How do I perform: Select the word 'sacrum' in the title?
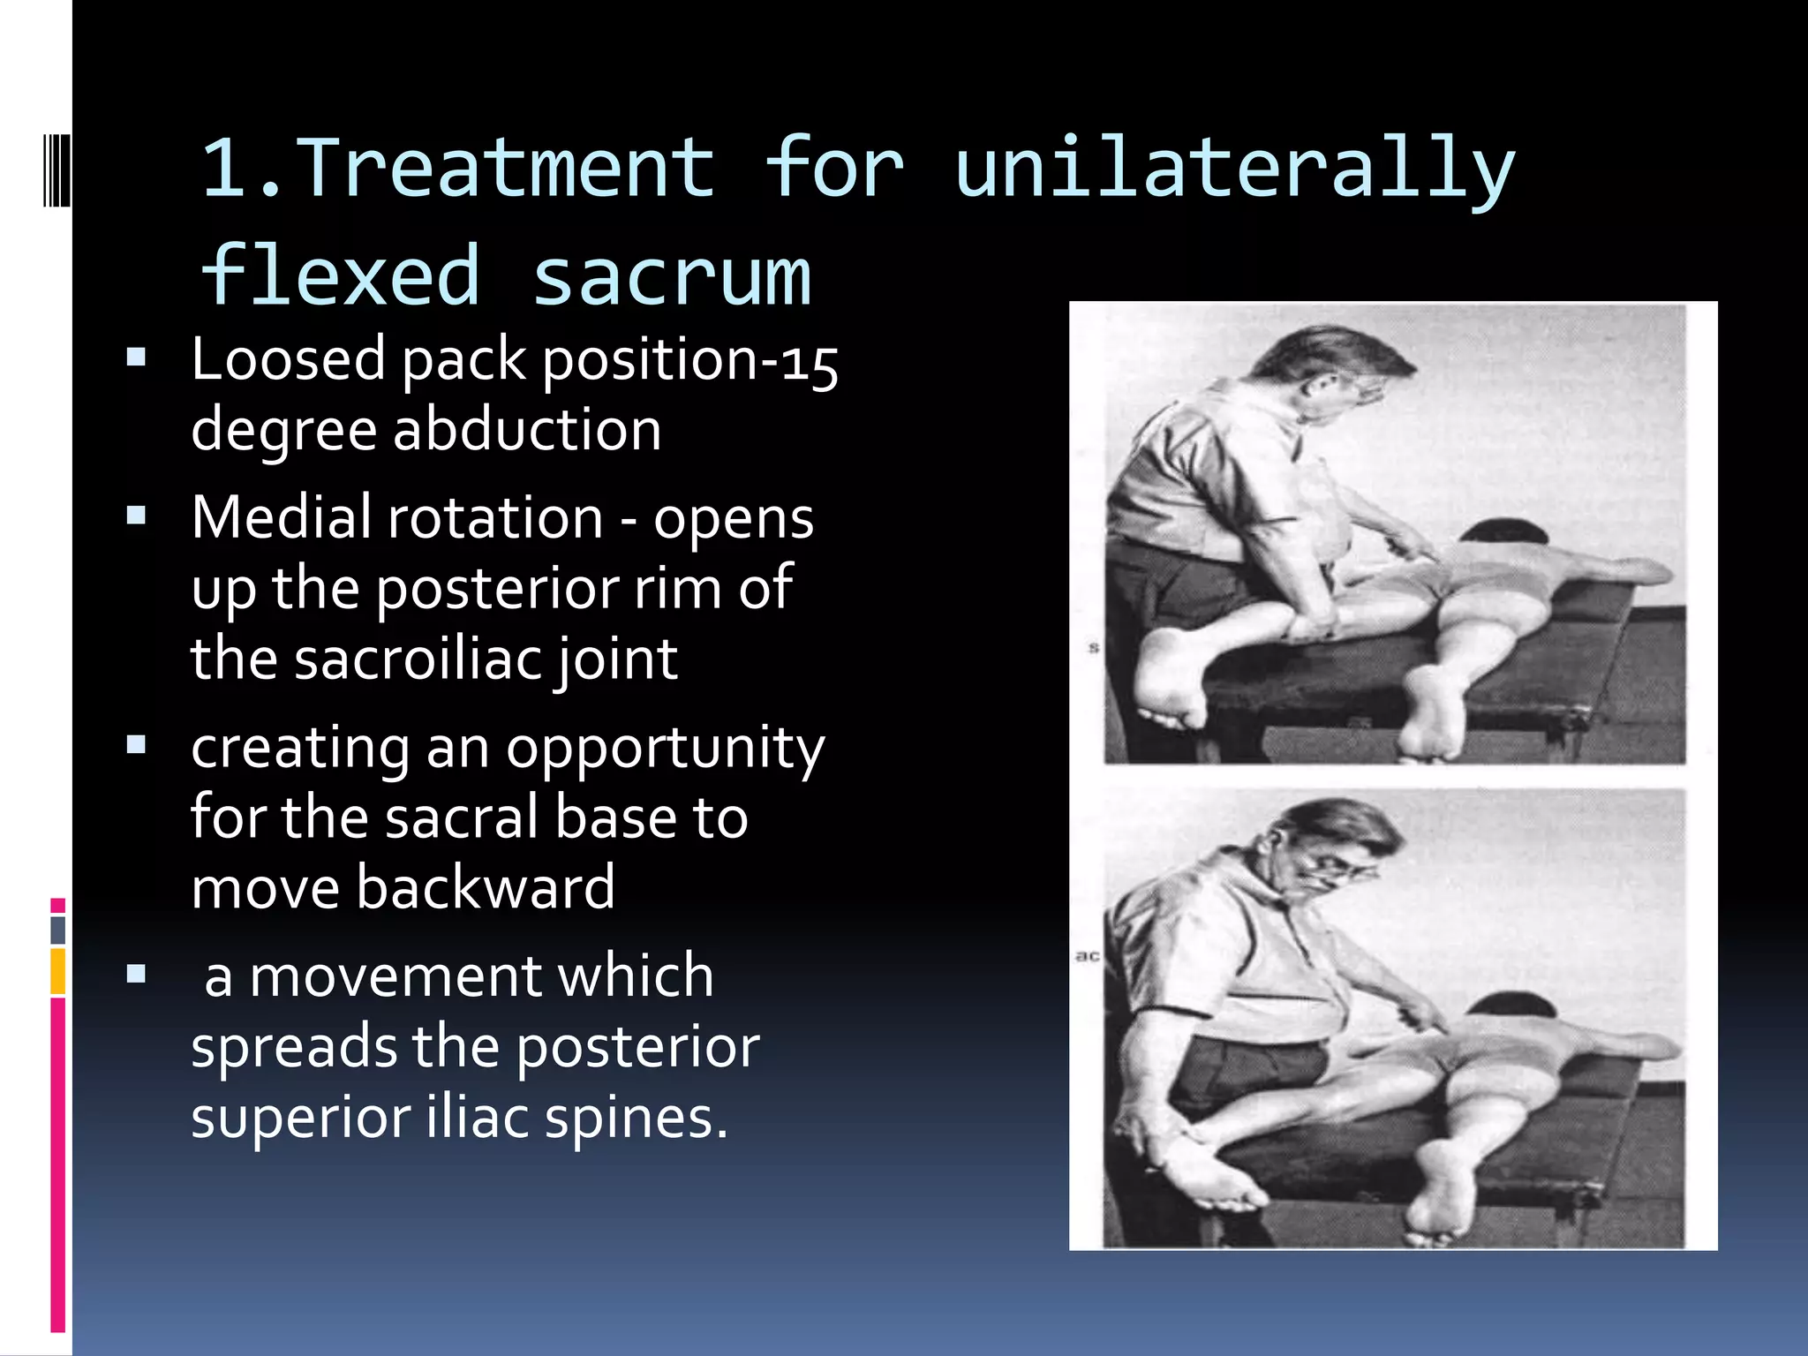pos(671,276)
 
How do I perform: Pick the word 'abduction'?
pos(526,430)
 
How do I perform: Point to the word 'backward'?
pos(485,888)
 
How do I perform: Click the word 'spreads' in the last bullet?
pos(294,1048)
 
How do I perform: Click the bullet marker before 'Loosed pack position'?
pos(136,358)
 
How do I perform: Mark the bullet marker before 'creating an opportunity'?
pos(136,745)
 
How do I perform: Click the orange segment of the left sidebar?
pos(58,970)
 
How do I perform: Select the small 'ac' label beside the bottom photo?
pos(1087,956)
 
